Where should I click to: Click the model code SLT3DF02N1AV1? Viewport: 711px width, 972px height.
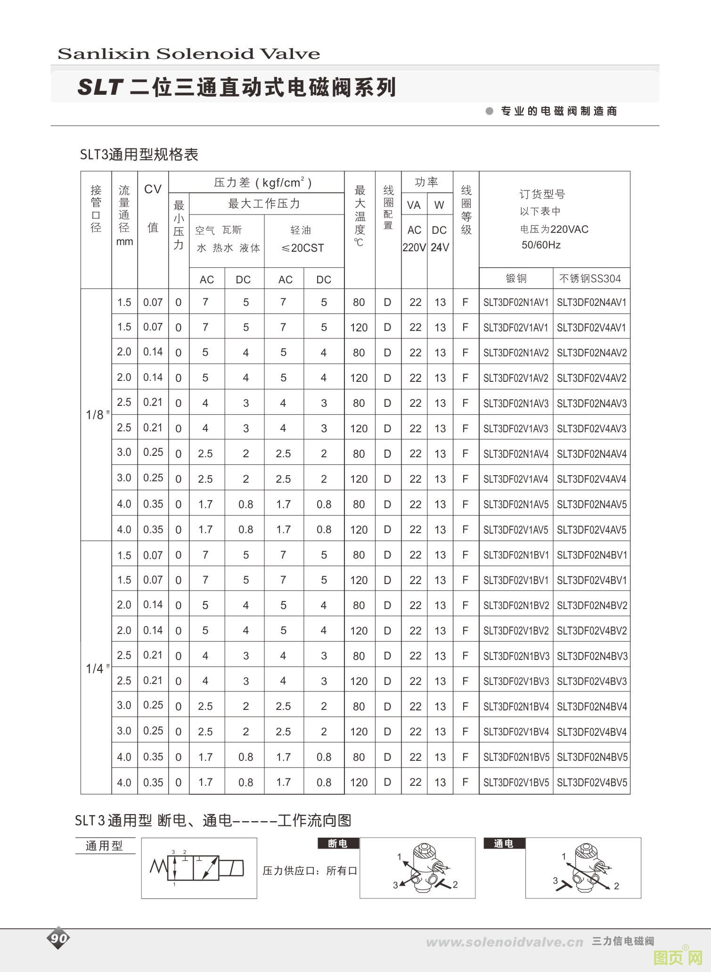[x=516, y=303]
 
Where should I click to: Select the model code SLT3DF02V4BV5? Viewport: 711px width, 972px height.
[x=592, y=783]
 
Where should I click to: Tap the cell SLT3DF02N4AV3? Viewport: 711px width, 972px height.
[x=592, y=404]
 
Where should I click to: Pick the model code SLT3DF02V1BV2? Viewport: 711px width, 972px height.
[x=516, y=631]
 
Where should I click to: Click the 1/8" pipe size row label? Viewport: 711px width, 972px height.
[x=97, y=415]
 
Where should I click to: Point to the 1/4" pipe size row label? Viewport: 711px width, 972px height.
[x=97, y=668]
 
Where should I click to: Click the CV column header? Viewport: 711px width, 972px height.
[x=153, y=189]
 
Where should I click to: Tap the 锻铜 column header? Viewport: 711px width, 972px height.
[x=516, y=279]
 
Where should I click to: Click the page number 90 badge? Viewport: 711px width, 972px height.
[x=58, y=938]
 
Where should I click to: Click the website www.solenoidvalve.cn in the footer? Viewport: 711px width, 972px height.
[x=504, y=942]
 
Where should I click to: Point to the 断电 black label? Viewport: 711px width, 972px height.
[x=338, y=843]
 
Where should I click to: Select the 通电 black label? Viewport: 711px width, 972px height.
[x=504, y=843]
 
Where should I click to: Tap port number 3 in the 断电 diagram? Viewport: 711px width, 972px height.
[x=395, y=885]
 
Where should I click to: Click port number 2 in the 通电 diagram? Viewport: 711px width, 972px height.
[x=616, y=886]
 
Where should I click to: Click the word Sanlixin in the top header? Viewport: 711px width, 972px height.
[x=103, y=54]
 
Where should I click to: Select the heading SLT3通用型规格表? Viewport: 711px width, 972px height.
[x=139, y=155]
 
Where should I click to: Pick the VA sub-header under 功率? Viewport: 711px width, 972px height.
[x=414, y=205]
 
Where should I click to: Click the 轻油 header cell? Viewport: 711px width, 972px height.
[x=301, y=230]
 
